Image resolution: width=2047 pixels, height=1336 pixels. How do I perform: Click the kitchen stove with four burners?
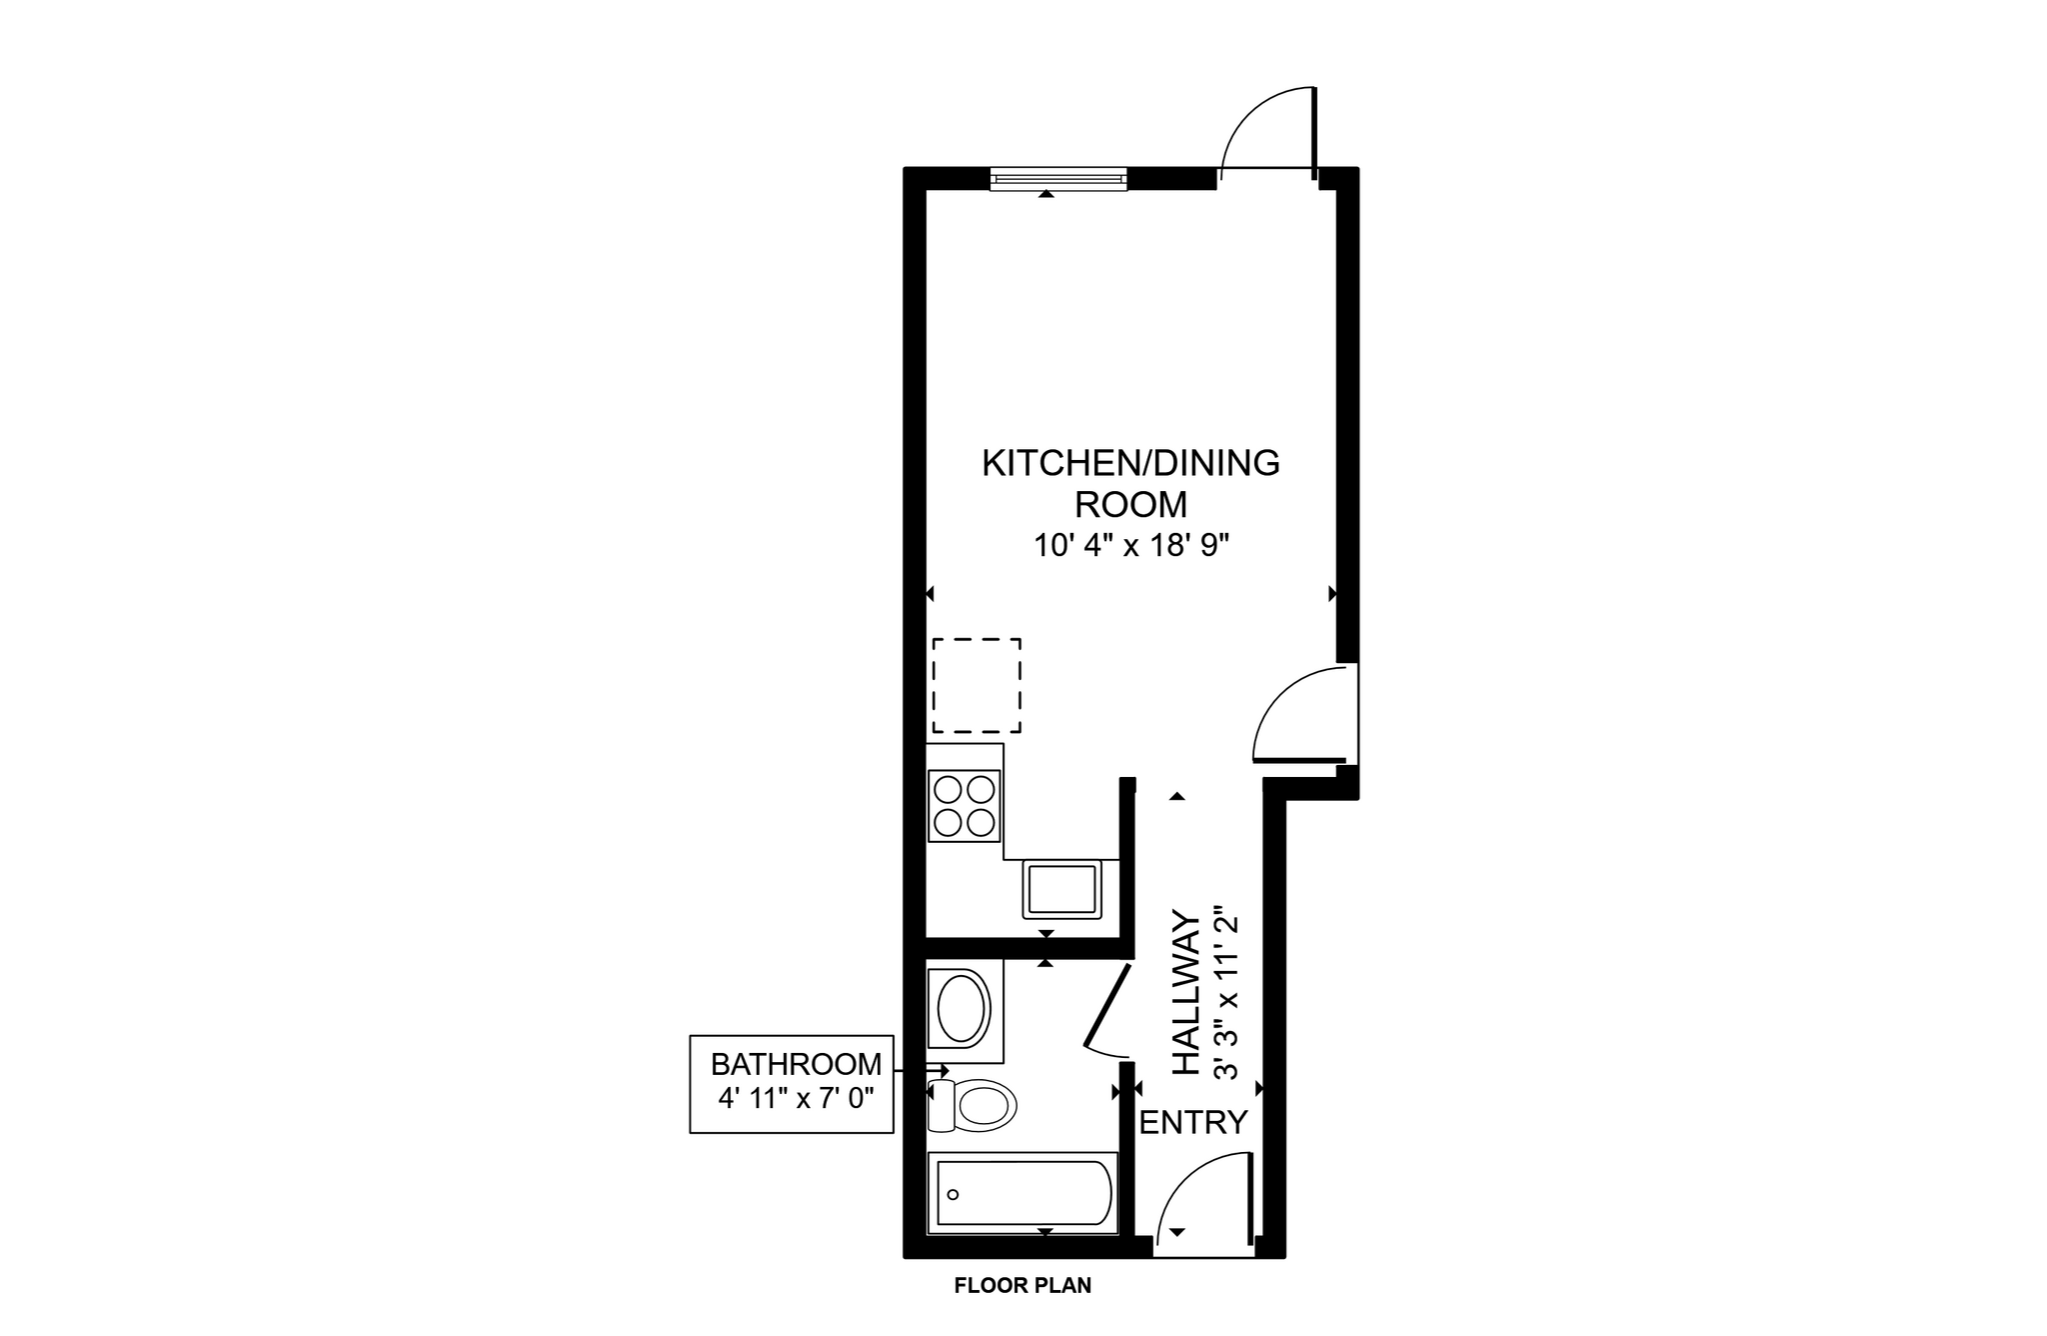(965, 806)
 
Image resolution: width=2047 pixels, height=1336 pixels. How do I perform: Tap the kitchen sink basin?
(1061, 889)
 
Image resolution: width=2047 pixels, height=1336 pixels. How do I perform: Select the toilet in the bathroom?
(976, 1106)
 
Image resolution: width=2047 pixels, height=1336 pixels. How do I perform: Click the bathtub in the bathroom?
(1022, 1193)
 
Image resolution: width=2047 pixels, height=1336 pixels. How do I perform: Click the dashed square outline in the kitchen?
(977, 686)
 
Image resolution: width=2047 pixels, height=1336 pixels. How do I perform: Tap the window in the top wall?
(1058, 179)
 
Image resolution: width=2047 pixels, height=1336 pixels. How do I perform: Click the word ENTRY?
(1193, 1123)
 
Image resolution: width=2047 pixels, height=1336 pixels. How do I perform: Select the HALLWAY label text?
(1185, 992)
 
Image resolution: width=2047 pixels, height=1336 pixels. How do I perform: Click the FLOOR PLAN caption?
(1023, 1286)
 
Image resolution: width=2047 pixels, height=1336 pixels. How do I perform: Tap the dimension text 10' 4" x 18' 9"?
(1130, 546)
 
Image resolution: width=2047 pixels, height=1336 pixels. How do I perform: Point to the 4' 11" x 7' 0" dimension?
(796, 1098)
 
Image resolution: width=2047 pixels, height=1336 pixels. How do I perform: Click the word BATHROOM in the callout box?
(796, 1064)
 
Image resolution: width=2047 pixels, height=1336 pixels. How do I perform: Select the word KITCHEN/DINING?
(1130, 464)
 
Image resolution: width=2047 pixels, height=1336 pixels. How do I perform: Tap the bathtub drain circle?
(953, 1194)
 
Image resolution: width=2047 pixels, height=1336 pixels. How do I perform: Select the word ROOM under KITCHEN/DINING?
(1130, 504)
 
